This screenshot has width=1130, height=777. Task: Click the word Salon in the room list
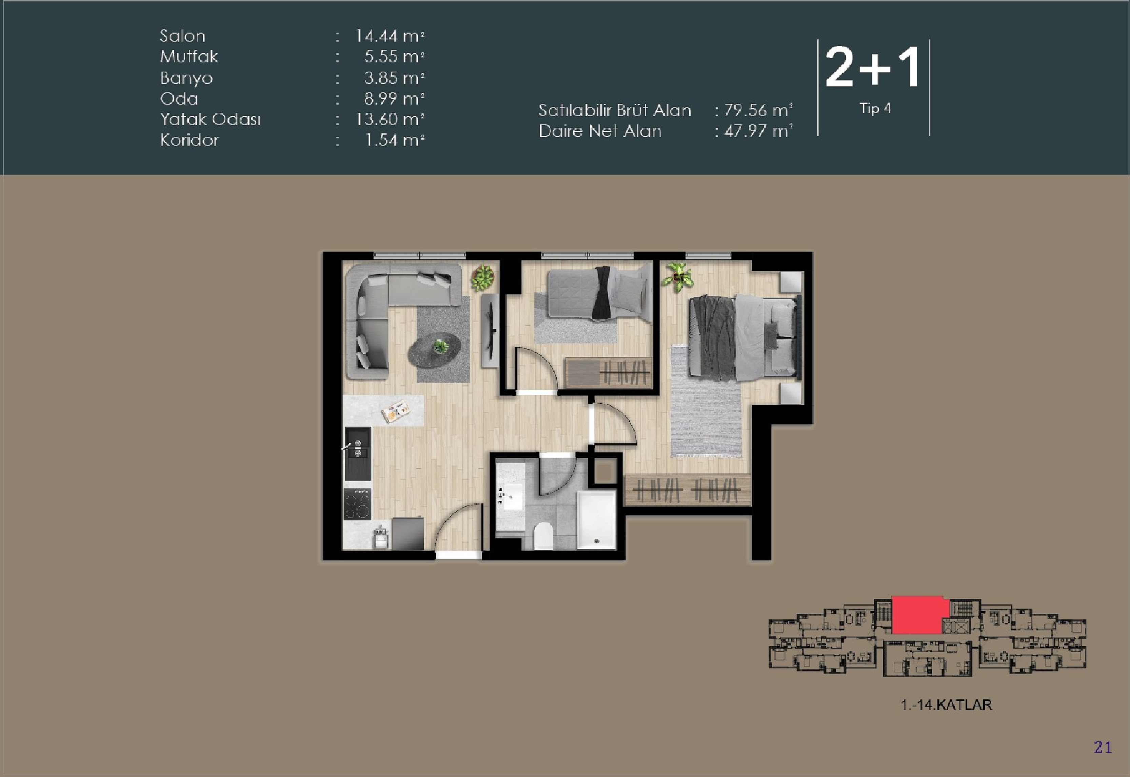click(182, 36)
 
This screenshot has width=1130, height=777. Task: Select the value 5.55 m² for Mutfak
click(394, 57)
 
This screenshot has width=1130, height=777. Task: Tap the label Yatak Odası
click(210, 119)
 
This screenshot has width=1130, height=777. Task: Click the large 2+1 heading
click(873, 68)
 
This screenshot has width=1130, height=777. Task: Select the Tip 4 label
click(874, 109)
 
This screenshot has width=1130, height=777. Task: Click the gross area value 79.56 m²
click(757, 111)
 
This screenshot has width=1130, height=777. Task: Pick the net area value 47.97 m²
click(757, 132)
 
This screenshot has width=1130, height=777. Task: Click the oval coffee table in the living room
click(435, 350)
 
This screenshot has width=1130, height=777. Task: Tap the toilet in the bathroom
click(543, 536)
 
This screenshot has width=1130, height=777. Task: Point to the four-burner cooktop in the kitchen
click(358, 504)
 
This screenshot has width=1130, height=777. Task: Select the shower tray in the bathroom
click(596, 520)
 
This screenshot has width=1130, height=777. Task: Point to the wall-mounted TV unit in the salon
click(491, 330)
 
